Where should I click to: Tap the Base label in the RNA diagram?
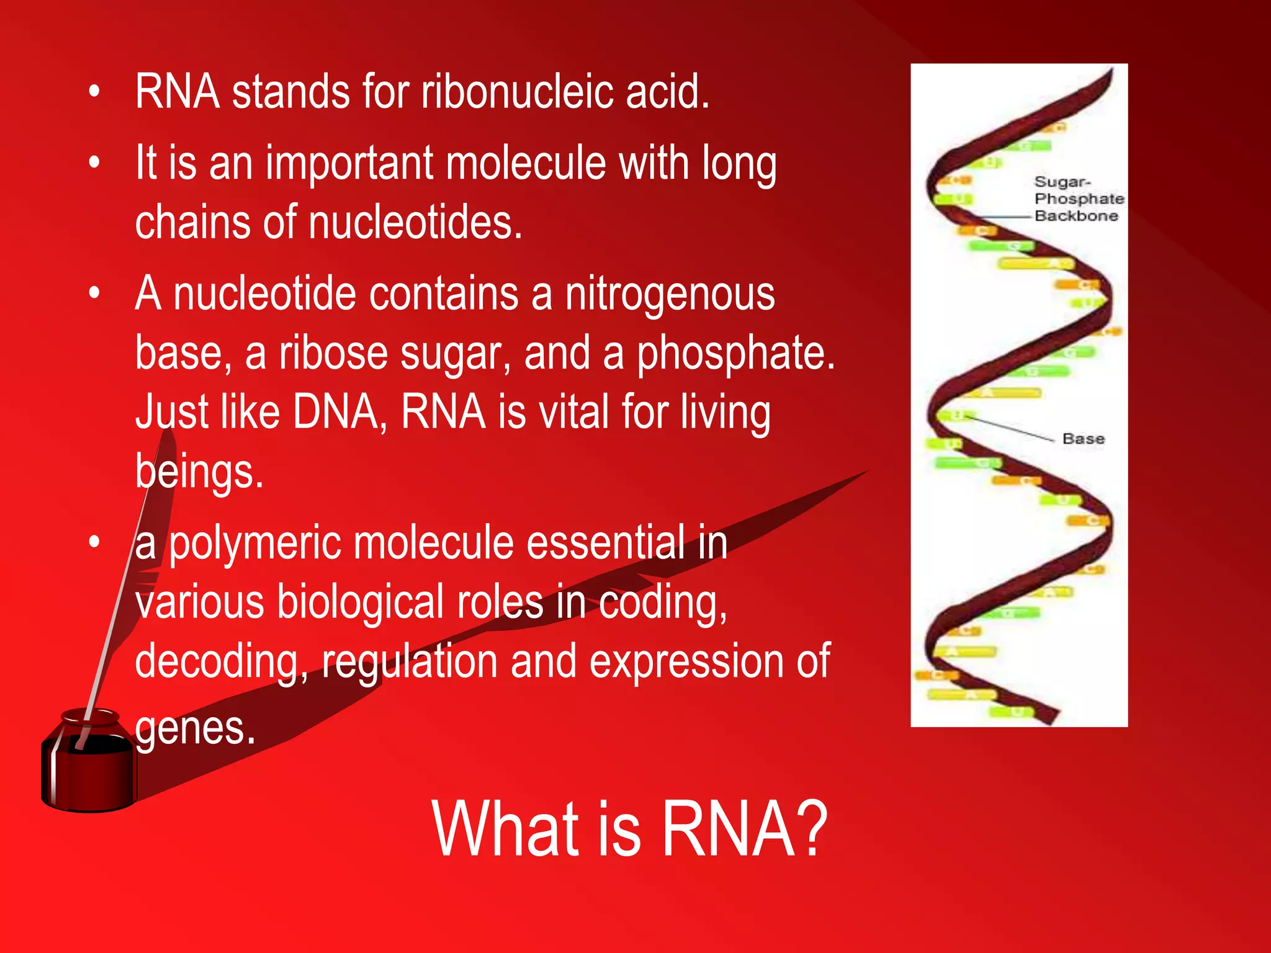click(x=1083, y=439)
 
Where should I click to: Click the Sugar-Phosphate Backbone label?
click(x=1078, y=199)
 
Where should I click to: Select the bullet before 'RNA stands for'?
click(x=94, y=92)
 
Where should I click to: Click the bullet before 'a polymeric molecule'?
click(x=94, y=542)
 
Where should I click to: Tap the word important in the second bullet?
click(x=349, y=163)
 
